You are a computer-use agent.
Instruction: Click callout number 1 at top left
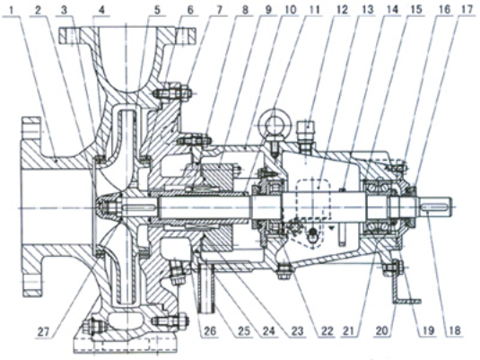coord(13,9)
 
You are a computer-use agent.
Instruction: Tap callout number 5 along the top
coord(157,9)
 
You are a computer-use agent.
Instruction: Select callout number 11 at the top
coord(313,9)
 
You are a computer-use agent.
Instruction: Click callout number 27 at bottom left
coord(43,331)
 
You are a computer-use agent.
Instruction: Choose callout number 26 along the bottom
coord(209,331)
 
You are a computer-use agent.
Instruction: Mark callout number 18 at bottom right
coord(453,331)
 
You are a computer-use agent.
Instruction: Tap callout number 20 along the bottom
coord(382,331)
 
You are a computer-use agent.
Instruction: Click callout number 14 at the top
coord(392,9)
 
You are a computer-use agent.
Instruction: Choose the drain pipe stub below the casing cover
coord(206,288)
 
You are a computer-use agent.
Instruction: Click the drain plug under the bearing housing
coord(284,271)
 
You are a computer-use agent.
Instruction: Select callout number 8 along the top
coord(245,9)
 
